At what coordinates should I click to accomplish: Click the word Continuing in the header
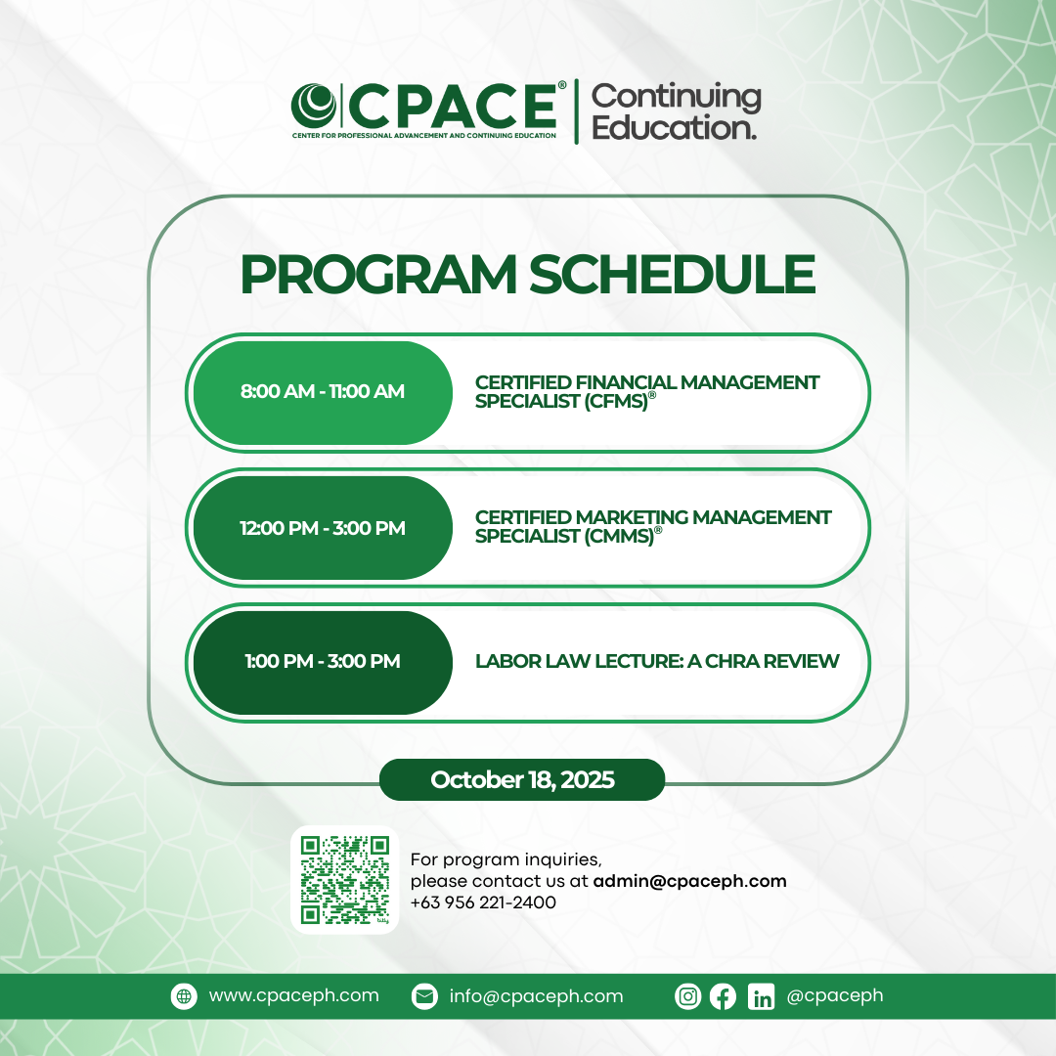[x=676, y=97]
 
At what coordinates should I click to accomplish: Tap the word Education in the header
[x=674, y=128]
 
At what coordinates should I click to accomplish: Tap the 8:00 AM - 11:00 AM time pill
[x=323, y=392]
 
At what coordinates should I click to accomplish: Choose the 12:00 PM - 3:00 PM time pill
[x=323, y=528]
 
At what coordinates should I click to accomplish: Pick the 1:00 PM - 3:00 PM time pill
[x=323, y=662]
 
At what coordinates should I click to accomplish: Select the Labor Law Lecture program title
[x=657, y=662]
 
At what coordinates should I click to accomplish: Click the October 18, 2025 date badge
[x=522, y=780]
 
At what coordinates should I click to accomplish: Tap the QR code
[x=344, y=880]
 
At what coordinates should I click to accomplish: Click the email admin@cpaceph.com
[x=689, y=881]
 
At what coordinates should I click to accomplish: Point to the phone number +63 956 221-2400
[x=483, y=902]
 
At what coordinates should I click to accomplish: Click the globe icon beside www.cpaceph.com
[x=183, y=996]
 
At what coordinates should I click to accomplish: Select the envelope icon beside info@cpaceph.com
[x=423, y=996]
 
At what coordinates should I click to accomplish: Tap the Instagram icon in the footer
[x=688, y=996]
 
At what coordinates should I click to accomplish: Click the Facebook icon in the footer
[x=723, y=996]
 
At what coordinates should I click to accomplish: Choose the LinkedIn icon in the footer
[x=761, y=996]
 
